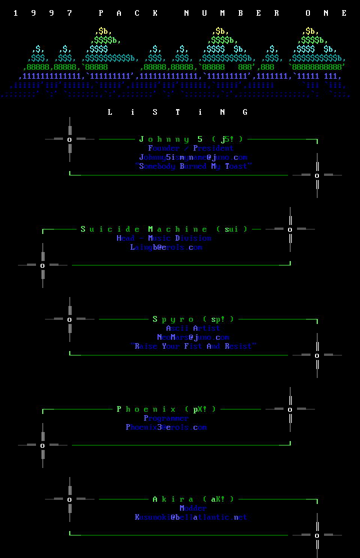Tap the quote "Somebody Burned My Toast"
pos(193,166)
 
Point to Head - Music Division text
pos(164,238)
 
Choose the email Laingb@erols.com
pos(166,247)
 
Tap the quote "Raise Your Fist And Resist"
pos(193,346)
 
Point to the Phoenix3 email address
pos(166,427)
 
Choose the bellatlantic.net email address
pos(191,517)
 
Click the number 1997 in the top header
pos(43,13)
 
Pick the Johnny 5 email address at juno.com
pos(193,157)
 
